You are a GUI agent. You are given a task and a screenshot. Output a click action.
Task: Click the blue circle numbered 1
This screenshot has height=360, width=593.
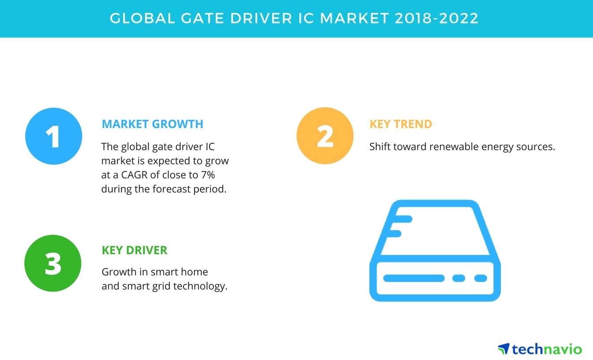pyautogui.click(x=54, y=136)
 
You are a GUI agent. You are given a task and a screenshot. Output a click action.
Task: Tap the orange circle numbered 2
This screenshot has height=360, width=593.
pyautogui.click(x=325, y=136)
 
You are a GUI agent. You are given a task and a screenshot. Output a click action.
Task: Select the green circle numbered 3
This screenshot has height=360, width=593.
pyautogui.click(x=53, y=263)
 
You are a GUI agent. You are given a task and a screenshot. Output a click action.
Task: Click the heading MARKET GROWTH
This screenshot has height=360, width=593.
pyautogui.click(x=152, y=124)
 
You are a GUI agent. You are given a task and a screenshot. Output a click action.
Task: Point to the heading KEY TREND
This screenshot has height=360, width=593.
pyautogui.click(x=401, y=124)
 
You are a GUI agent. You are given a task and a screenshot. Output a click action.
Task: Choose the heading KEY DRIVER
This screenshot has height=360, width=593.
pyautogui.click(x=135, y=251)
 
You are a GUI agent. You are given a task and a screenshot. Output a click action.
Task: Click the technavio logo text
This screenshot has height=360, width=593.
pyautogui.click(x=547, y=349)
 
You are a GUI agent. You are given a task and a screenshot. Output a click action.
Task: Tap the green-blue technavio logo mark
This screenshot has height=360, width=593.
pyautogui.click(x=503, y=349)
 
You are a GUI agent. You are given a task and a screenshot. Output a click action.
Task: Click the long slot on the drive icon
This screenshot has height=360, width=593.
pyautogui.click(x=414, y=278)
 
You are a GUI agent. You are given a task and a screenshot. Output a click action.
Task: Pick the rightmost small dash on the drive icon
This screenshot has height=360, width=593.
pyautogui.click(x=480, y=278)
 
